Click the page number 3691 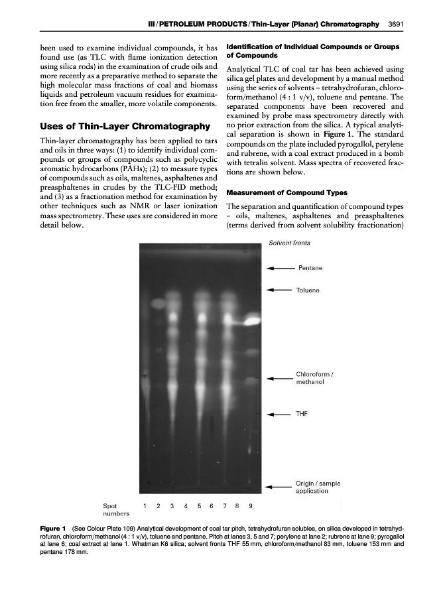pyautogui.click(x=396, y=25)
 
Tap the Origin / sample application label pyautogui.click(x=317, y=488)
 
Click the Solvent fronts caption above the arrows pyautogui.click(x=289, y=243)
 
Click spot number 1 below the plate pyautogui.click(x=144, y=505)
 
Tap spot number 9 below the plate pyautogui.click(x=250, y=505)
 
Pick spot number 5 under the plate pyautogui.click(x=198, y=505)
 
